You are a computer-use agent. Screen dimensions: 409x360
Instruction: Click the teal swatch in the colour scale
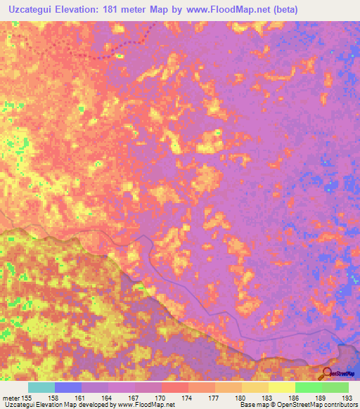[41, 387]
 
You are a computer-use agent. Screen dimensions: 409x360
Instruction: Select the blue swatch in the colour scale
[68, 387]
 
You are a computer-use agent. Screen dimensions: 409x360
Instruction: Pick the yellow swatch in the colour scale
[281, 387]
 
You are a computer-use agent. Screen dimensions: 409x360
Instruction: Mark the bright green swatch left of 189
[308, 387]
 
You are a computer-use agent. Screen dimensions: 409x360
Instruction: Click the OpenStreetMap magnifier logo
[328, 373]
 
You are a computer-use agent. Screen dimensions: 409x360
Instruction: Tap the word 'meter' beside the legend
[11, 398]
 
